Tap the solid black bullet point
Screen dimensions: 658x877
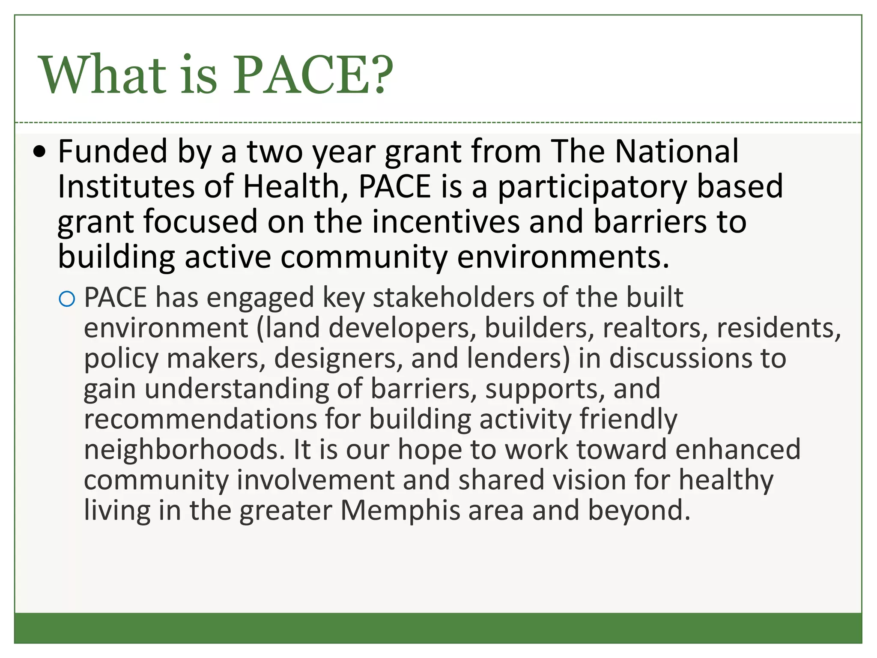[x=40, y=152]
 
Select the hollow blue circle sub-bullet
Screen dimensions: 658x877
[x=67, y=299]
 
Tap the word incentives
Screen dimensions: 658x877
[x=446, y=221]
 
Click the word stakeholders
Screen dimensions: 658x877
[x=454, y=297]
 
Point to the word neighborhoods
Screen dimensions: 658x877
[x=184, y=450]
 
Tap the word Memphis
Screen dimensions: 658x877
[x=400, y=511]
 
